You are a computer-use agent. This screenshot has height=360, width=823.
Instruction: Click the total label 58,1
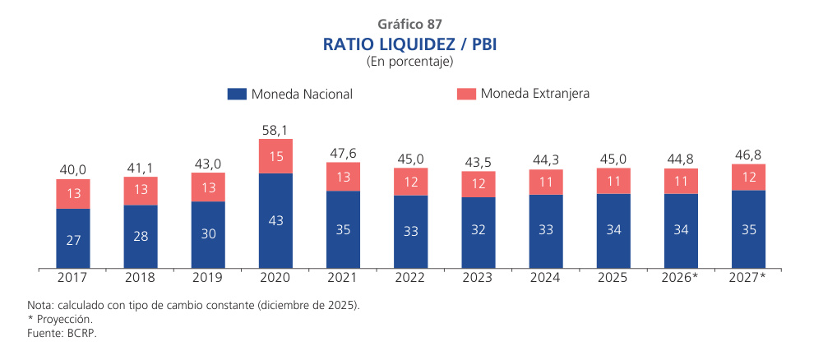click(x=275, y=130)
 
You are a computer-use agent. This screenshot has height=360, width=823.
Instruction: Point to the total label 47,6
click(x=343, y=153)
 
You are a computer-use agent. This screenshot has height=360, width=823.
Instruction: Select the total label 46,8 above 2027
click(x=748, y=155)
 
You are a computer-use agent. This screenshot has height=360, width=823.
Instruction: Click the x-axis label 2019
click(x=208, y=278)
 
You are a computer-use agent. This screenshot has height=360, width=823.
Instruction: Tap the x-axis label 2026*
click(x=680, y=278)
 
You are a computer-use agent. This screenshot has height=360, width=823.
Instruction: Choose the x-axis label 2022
click(x=410, y=278)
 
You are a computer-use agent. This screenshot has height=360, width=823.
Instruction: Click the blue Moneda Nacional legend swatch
click(x=237, y=95)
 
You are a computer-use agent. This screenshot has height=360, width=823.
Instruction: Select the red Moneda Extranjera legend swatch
click(x=466, y=95)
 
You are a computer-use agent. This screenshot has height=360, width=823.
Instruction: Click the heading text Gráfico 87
click(x=410, y=24)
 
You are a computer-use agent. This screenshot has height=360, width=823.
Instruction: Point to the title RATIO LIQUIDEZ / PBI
click(x=410, y=43)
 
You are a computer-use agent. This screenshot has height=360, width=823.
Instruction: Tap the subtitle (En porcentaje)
click(x=410, y=61)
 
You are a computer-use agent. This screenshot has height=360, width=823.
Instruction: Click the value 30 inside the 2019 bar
click(x=208, y=233)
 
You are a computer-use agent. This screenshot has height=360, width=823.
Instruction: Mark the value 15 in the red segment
click(x=275, y=156)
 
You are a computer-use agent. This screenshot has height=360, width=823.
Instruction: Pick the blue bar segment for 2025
click(x=613, y=231)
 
